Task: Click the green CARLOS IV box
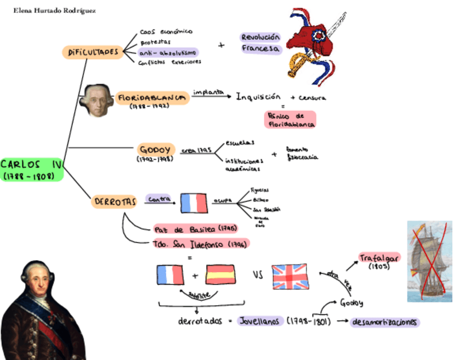pos(32,170)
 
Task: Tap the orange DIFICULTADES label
pos(93,53)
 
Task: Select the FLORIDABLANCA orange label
pos(151,98)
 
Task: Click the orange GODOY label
pos(156,150)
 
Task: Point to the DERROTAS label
pos(114,202)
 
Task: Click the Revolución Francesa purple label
pos(260,43)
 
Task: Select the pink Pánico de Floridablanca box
pos(290,120)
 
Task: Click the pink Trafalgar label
pos(379,257)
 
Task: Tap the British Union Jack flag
pos(291,276)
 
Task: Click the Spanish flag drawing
pos(220,274)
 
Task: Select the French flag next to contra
pos(194,203)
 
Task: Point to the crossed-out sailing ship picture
pos(429,261)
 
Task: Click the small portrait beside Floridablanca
pos(97,100)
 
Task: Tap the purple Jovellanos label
pos(260,321)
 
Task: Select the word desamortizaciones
pos(385,322)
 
